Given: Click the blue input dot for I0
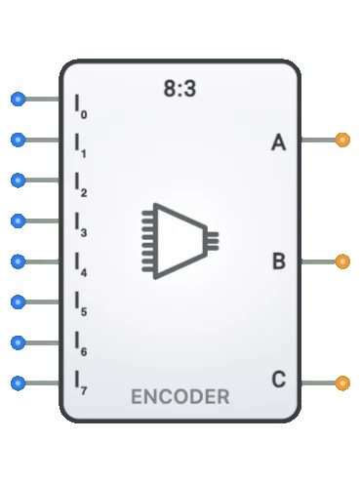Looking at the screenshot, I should pyautogui.click(x=17, y=100).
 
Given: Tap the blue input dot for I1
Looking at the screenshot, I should pyautogui.click(x=17, y=141).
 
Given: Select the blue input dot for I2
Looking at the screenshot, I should pyautogui.click(x=17, y=181).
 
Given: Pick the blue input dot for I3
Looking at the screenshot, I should pyautogui.click(x=17, y=221).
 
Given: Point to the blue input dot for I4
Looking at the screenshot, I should pyautogui.click(x=17, y=261).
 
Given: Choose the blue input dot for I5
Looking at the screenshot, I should pyautogui.click(x=17, y=301).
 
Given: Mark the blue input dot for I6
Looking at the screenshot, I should pyautogui.click(x=17, y=341).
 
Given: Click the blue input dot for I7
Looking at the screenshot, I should pyautogui.click(x=17, y=382).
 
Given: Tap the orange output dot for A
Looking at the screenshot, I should pyautogui.click(x=341, y=141).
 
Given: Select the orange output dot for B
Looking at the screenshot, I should pyautogui.click(x=341, y=261).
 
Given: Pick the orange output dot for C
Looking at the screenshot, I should pyautogui.click(x=341, y=382).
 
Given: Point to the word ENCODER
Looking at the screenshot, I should pyautogui.click(x=180, y=397).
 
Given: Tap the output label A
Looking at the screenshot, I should pyautogui.click(x=278, y=144).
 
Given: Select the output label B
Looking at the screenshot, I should pyautogui.click(x=278, y=261).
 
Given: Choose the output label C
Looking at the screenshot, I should pyautogui.click(x=278, y=380).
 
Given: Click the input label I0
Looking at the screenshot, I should pyautogui.click(x=81, y=104).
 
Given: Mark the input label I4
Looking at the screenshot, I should pyautogui.click(x=81, y=264).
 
